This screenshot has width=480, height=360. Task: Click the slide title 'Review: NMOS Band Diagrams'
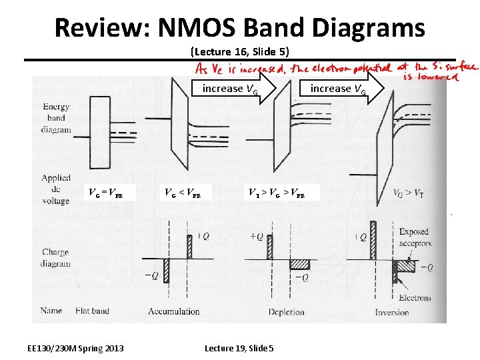[239, 28]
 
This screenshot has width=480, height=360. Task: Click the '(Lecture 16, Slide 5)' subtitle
[239, 51]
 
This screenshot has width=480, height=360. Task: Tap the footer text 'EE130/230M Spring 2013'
[75, 348]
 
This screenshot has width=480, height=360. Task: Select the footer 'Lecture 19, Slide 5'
[239, 348]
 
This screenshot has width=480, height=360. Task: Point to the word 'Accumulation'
[175, 311]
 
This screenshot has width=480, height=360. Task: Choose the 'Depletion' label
[286, 312]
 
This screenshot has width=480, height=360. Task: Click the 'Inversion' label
[391, 312]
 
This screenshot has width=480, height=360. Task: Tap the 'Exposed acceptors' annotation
[413, 237]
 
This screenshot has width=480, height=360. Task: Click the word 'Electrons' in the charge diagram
[414, 297]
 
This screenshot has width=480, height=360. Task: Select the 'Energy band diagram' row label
[56, 119]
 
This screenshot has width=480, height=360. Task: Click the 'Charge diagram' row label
[55, 258]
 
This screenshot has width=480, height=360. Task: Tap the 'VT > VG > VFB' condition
[277, 194]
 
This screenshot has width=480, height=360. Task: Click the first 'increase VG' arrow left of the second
[231, 89]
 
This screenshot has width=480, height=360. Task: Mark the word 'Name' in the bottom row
[51, 311]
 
